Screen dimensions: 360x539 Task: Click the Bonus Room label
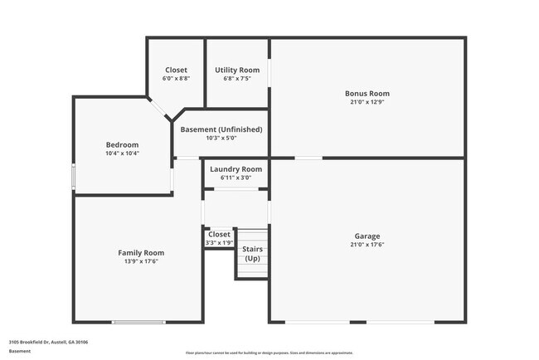point(367,94)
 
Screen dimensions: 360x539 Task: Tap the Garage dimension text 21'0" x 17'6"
point(367,245)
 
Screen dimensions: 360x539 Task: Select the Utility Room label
point(237,71)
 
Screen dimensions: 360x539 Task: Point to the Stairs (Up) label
point(251,254)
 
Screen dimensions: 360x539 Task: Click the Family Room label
point(141,253)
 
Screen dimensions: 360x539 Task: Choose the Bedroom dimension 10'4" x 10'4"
point(122,153)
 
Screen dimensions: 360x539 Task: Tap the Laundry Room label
point(236,169)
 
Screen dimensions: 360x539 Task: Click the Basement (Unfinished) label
point(221,129)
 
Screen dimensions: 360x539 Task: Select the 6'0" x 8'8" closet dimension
point(176,79)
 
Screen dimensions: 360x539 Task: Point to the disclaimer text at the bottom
point(269,353)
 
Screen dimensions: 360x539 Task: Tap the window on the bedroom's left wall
point(74,178)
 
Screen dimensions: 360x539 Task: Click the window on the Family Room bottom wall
point(133,322)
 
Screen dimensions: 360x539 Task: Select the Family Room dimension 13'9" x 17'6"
point(141,262)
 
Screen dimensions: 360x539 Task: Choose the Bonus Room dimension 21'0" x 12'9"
point(367,103)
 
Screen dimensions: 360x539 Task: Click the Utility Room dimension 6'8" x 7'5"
point(237,79)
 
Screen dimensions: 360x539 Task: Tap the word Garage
point(367,236)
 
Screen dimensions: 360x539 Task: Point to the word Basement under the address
point(20,351)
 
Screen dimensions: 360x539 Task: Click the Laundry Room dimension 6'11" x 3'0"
point(236,178)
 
